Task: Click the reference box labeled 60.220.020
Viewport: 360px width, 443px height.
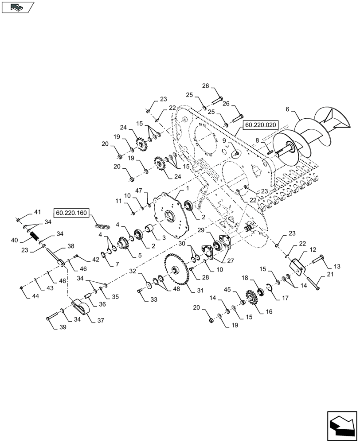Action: point(261,125)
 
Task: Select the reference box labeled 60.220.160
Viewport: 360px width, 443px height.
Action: point(72,213)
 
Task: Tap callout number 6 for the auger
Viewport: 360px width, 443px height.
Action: point(287,109)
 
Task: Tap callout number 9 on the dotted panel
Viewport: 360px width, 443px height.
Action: point(224,141)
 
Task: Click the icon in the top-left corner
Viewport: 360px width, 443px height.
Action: point(17,7)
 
